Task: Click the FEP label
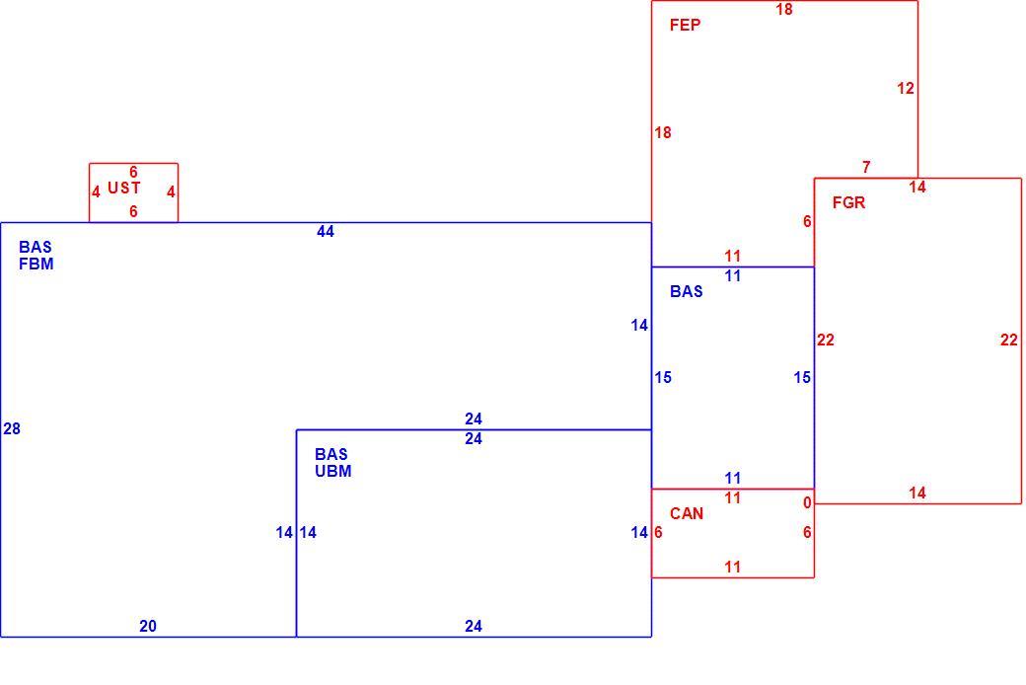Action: [685, 25]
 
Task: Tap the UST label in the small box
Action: [123, 188]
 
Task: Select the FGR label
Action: [848, 202]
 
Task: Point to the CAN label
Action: [687, 513]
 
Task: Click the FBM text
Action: [36, 264]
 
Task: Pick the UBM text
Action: [333, 471]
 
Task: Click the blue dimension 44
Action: [326, 231]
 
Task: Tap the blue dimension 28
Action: [12, 429]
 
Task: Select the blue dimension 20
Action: [148, 626]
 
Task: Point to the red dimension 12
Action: [906, 89]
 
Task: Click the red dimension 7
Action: [866, 167]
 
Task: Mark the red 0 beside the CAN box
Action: [807, 502]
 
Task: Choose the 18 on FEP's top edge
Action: [784, 9]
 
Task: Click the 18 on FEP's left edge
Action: [663, 133]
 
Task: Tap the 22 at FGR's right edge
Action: [1009, 340]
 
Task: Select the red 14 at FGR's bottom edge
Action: [917, 494]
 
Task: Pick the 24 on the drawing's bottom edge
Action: [474, 626]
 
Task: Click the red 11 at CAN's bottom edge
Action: [733, 568]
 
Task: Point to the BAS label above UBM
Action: [331, 454]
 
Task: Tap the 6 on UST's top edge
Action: [133, 172]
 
